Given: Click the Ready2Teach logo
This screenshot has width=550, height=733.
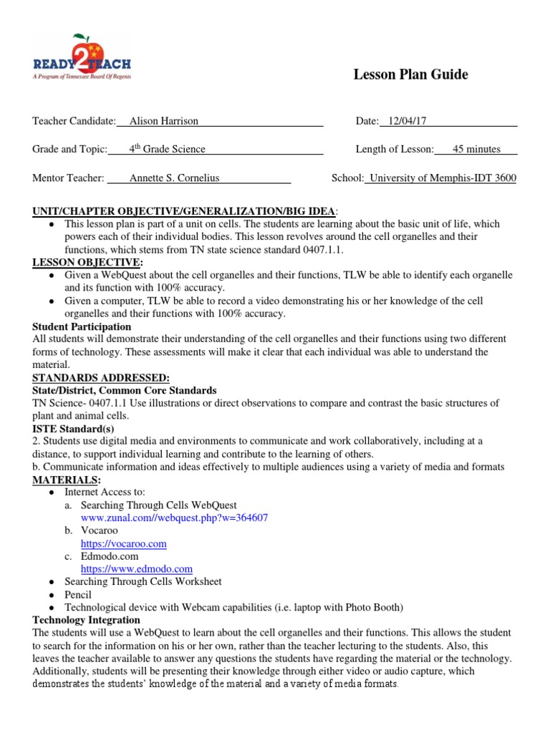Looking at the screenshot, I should click(x=82, y=57).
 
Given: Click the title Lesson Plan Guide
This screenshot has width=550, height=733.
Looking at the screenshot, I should click(x=411, y=74).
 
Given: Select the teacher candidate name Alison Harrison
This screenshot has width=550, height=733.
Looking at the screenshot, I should click(x=163, y=121).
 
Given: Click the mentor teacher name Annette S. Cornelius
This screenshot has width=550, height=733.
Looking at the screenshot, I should click(x=174, y=178).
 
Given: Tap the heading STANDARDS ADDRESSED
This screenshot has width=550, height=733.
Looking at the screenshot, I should click(x=101, y=377).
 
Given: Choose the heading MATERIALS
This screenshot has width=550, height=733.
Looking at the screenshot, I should click(x=67, y=479).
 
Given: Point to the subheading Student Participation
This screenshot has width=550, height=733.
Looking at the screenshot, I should click(x=82, y=326).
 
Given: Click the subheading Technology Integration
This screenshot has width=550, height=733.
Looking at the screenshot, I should click(x=87, y=620).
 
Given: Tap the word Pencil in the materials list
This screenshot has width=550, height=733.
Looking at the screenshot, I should click(x=78, y=594).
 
